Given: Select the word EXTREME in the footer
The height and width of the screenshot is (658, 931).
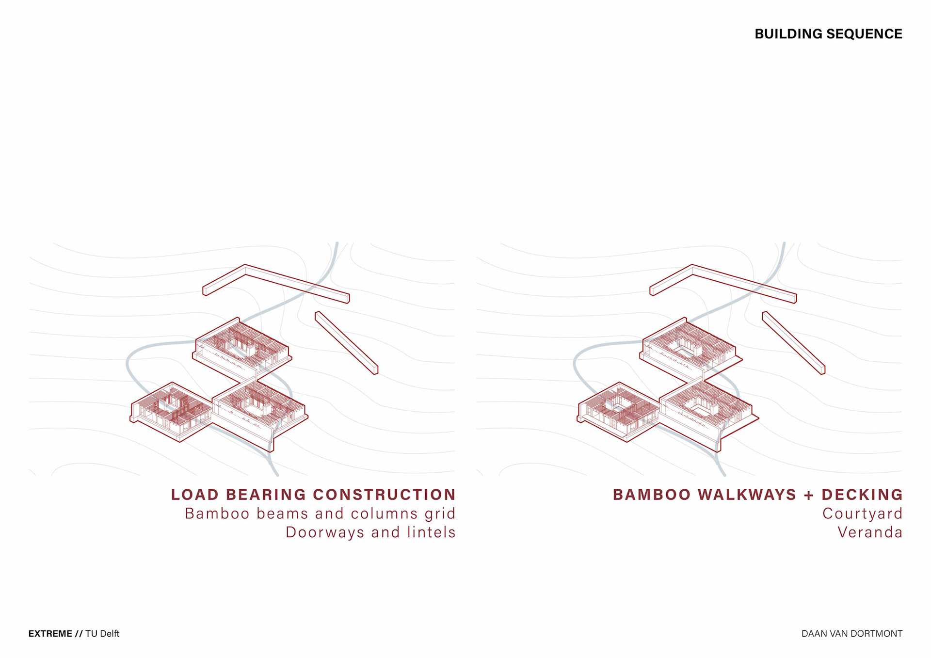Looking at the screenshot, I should click(50, 634).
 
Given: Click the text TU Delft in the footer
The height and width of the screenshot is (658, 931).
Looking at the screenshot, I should click(102, 634).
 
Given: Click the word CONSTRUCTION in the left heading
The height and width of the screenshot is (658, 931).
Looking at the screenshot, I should click(384, 495).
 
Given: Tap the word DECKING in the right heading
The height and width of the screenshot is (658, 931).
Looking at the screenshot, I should click(862, 495).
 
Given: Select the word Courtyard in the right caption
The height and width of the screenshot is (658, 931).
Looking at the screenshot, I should click(862, 514).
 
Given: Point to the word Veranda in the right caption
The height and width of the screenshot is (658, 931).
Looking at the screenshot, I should click(870, 532).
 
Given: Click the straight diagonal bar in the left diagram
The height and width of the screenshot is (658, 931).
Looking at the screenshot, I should click(346, 342).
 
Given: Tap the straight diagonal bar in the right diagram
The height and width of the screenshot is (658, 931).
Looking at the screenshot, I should click(793, 342).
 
